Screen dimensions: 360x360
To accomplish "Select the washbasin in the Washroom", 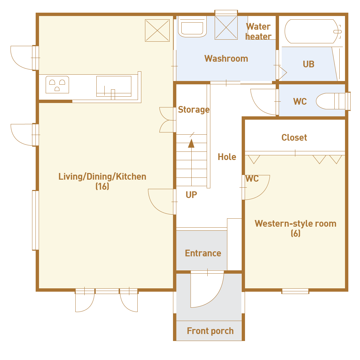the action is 192,27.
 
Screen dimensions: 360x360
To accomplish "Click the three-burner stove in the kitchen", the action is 57,84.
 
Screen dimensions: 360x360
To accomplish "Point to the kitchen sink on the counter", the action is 114,86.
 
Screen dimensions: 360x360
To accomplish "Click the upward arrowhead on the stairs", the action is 191,143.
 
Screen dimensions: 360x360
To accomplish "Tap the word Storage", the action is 194,110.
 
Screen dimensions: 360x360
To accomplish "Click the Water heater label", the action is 259,31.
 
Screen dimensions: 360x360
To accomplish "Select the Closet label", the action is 294,138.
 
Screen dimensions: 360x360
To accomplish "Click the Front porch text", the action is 210,331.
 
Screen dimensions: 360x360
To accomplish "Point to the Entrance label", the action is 203,253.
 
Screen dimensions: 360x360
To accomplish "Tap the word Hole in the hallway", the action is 227,157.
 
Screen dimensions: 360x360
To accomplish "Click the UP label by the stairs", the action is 191,195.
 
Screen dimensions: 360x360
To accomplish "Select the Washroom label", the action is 226,59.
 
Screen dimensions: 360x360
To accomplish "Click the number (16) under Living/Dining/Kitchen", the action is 102,186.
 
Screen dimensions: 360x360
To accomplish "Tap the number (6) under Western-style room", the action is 295,233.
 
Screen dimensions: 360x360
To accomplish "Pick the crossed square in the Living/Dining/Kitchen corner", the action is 157,31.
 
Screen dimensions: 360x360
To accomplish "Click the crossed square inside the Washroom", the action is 226,28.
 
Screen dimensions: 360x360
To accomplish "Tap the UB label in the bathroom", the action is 308,64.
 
